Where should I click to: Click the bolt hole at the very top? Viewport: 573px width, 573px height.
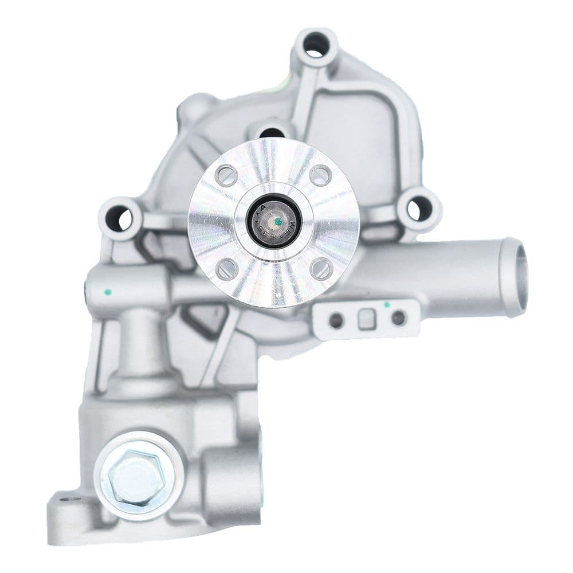pyautogui.click(x=314, y=45)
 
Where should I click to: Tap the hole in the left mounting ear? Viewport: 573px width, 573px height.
pyautogui.click(x=119, y=218)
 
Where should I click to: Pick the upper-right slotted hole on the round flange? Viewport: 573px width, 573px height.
pyautogui.click(x=320, y=175)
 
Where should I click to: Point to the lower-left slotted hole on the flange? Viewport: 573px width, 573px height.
pyautogui.click(x=227, y=268)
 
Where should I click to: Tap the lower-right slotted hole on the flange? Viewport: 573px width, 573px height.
pyautogui.click(x=320, y=268)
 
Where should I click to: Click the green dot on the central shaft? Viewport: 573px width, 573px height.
pyautogui.click(x=277, y=219)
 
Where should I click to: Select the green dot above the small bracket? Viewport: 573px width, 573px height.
pyautogui.click(x=387, y=304)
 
